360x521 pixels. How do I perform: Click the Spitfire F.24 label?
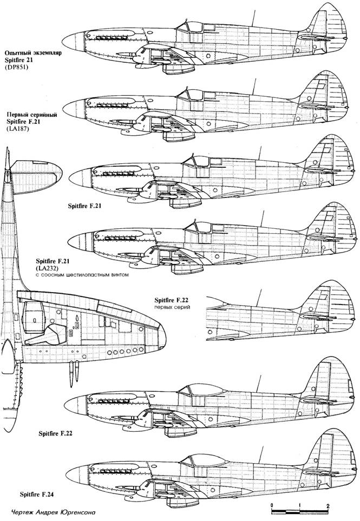tap(37, 494)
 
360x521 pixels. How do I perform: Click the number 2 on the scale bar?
tap(328, 506)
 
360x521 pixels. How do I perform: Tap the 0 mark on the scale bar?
tap(272, 506)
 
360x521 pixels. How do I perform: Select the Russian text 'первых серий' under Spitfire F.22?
tap(172, 307)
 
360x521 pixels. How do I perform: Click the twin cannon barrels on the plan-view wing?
tap(74, 374)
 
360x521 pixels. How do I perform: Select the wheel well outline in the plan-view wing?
tap(35, 318)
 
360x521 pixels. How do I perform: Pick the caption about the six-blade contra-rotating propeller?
tap(82, 275)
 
